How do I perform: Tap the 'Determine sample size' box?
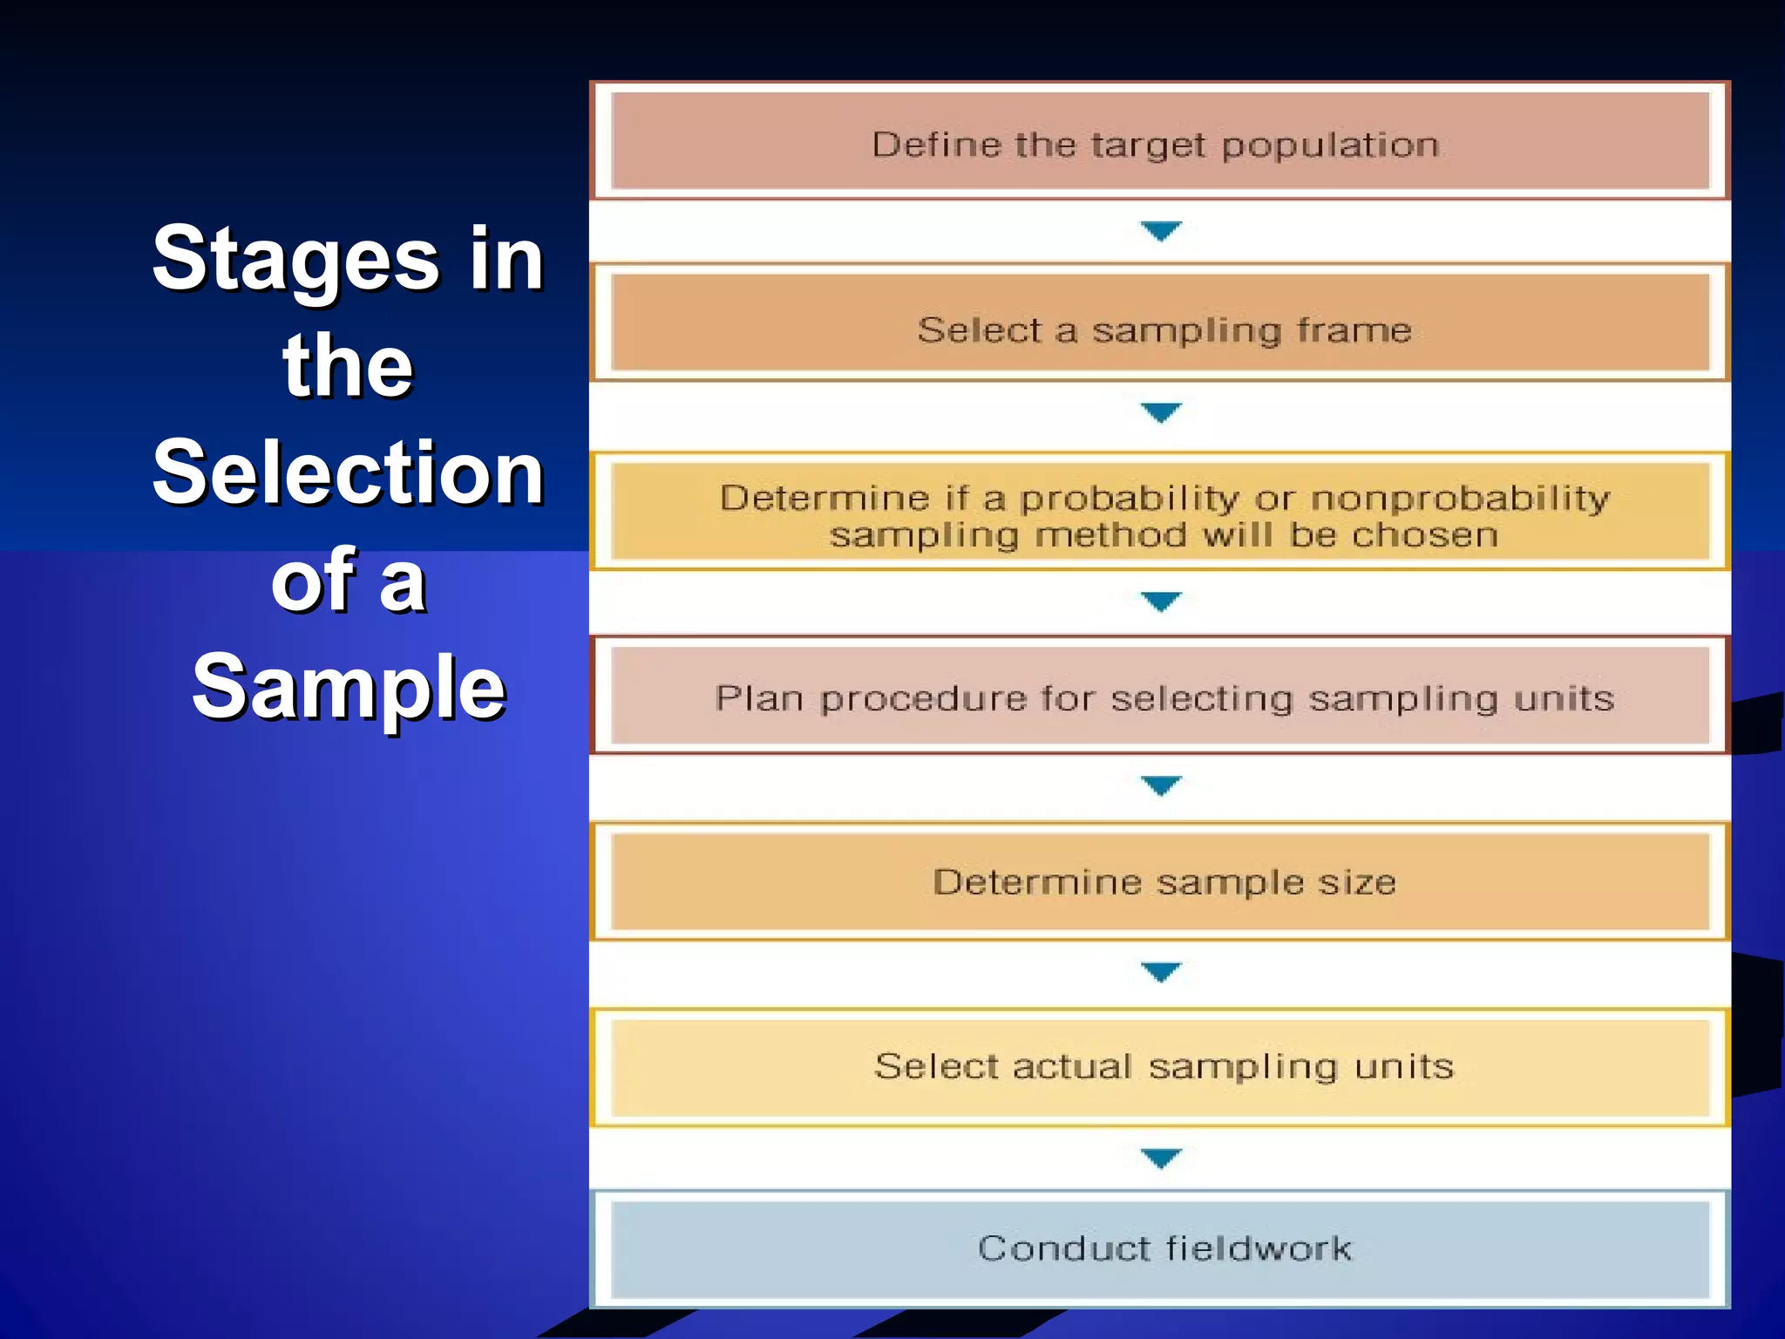(1159, 882)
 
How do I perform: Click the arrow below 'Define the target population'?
(1161, 231)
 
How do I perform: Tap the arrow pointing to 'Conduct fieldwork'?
(1161, 1158)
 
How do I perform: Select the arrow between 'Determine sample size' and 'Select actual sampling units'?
(1161, 971)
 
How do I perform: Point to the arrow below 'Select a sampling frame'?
(1161, 411)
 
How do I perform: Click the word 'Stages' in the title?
(296, 259)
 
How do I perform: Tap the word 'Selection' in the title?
(348, 472)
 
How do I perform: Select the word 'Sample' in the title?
(348, 688)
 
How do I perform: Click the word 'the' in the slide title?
(348, 366)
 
